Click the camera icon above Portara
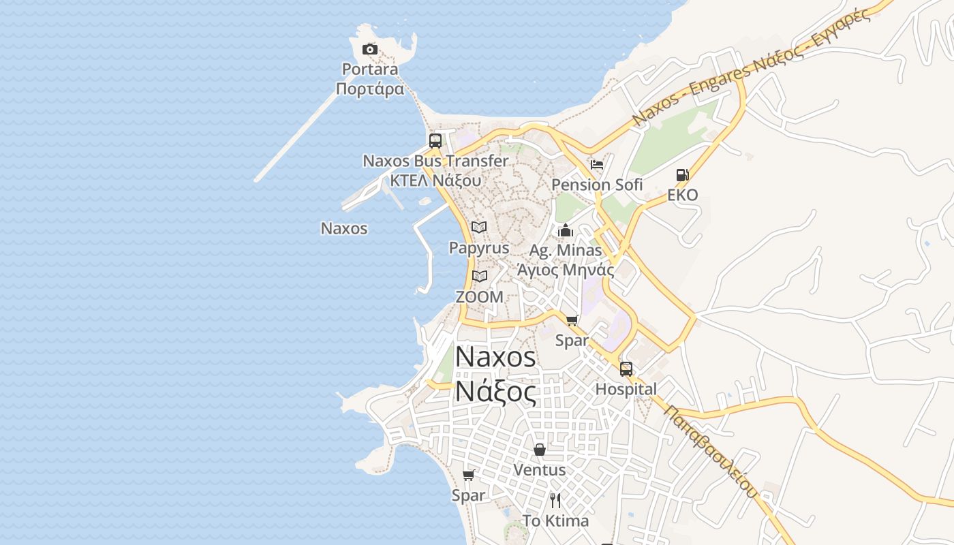(370, 49)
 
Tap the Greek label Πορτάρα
(370, 89)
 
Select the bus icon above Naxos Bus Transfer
(435, 141)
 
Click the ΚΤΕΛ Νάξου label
(435, 181)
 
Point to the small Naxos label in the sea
(344, 228)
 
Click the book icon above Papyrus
(479, 227)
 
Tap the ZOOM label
(479, 297)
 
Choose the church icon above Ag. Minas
(565, 231)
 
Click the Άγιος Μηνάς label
(566, 270)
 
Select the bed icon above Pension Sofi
(597, 165)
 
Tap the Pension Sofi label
(597, 185)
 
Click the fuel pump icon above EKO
(682, 175)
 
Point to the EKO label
(682, 195)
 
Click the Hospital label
(626, 389)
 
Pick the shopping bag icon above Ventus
(539, 450)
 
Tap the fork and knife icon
(555, 501)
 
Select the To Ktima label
(555, 521)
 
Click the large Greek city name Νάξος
(495, 392)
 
